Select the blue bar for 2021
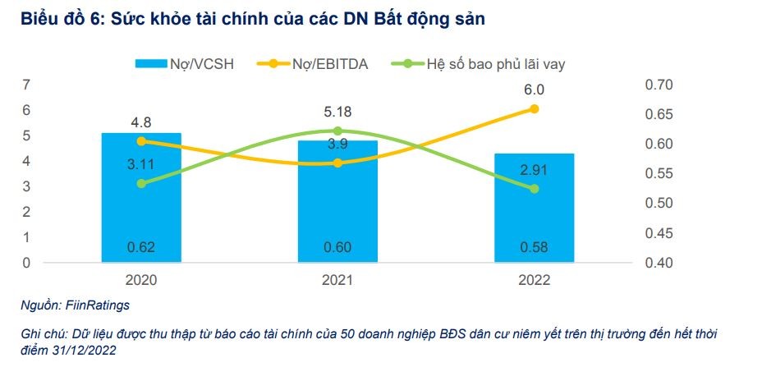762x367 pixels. pos(337,213)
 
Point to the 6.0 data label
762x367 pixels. pos(535,90)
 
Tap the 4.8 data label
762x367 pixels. pos(141,123)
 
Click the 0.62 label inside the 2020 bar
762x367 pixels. pos(141,247)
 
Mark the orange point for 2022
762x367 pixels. pos(535,108)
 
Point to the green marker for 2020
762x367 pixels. pos(141,184)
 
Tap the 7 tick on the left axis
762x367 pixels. pos(27,85)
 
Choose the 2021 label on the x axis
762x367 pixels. pos(337,279)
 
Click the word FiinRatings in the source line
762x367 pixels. pos(100,305)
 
